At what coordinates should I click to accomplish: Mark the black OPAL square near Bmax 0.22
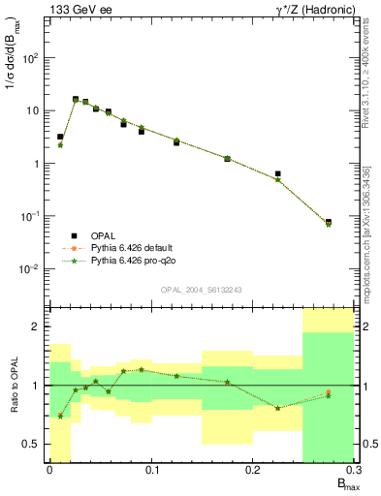click(x=278, y=174)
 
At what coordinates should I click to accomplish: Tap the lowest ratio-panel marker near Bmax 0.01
click(x=60, y=416)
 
